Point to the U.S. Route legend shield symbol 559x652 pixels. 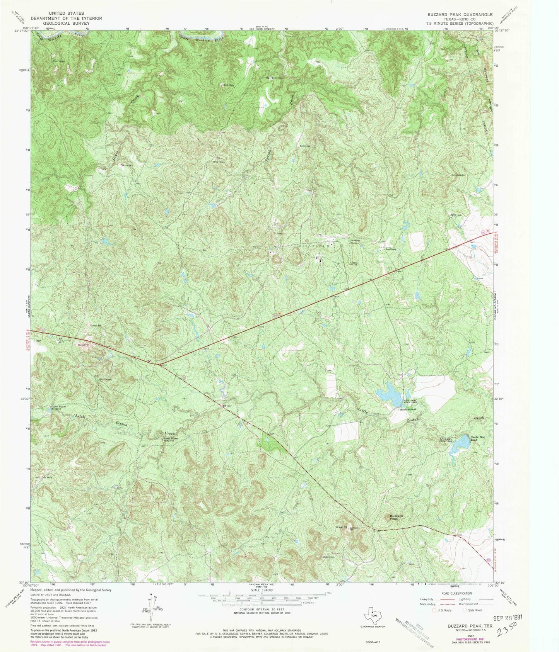point(434,610)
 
